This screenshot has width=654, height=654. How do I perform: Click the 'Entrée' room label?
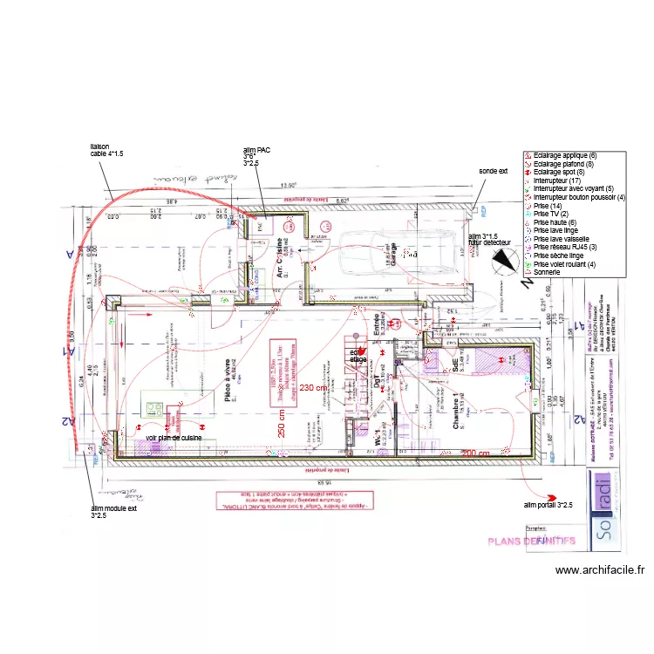click(377, 324)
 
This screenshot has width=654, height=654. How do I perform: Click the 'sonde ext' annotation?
click(493, 172)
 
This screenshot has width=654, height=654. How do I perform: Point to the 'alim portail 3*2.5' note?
click(548, 505)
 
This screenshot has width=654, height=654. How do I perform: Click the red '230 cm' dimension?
click(312, 387)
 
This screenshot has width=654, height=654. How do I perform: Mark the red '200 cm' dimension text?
click(476, 453)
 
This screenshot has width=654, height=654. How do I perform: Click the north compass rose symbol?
click(503, 259)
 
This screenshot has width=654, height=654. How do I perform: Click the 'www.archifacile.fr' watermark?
click(600, 570)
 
